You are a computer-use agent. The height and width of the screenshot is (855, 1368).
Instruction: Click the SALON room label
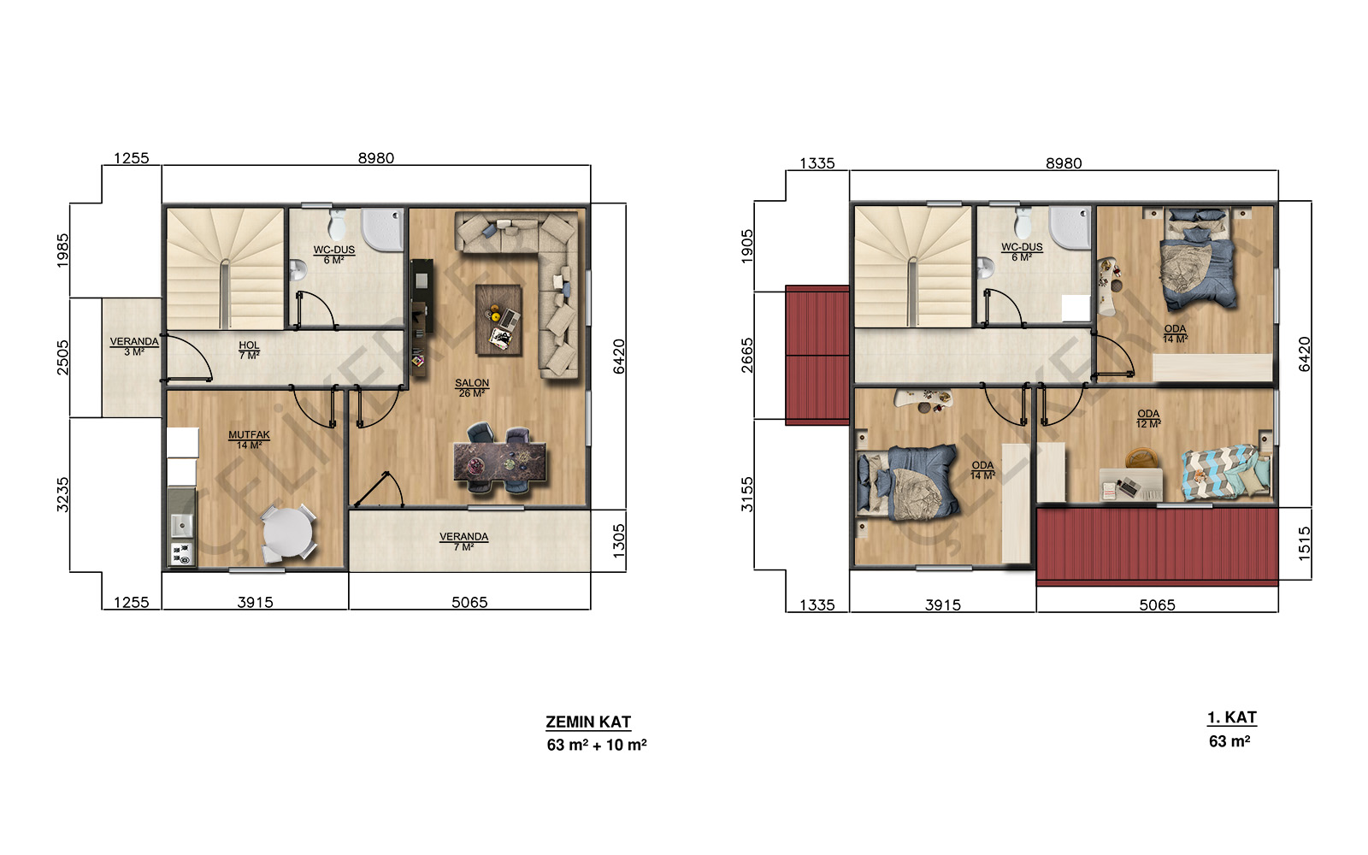point(471,388)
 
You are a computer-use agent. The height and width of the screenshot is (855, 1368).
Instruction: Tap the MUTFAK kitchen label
point(249,439)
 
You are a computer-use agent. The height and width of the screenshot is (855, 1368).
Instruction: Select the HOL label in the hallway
point(249,350)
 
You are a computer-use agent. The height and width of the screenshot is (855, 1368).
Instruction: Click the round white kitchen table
point(287,532)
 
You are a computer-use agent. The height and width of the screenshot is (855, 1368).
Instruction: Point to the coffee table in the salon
point(499,320)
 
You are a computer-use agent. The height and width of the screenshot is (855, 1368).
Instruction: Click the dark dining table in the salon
point(499,463)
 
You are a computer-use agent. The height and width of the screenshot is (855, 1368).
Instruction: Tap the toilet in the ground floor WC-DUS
point(337,225)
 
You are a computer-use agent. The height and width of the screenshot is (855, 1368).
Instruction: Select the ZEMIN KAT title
point(588,722)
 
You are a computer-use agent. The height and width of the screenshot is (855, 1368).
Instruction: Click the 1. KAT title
point(1232,717)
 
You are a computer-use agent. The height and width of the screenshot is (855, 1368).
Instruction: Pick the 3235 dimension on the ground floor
point(62,495)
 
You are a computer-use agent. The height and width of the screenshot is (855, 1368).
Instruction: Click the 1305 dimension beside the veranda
point(619,541)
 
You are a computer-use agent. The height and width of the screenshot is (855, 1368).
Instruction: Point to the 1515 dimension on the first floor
point(1304,544)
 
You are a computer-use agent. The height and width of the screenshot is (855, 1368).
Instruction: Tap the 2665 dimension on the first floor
point(747,356)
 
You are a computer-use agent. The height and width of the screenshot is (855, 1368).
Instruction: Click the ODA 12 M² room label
point(1148,418)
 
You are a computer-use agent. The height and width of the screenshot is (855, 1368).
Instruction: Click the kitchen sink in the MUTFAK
point(181,524)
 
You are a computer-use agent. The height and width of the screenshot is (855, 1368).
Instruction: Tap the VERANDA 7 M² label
point(463,542)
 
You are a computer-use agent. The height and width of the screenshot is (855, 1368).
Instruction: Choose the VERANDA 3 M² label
point(134,346)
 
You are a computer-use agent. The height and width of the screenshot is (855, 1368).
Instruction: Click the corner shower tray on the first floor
point(1070,227)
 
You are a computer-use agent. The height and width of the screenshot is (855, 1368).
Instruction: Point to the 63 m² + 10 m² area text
point(597,745)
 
